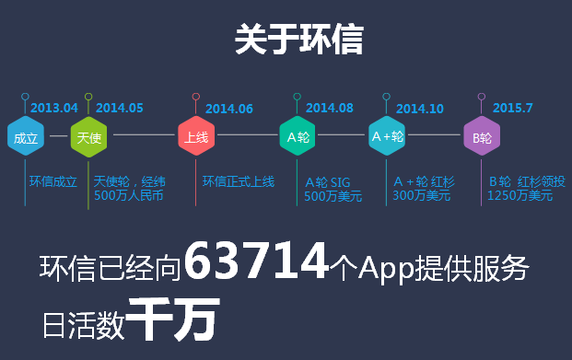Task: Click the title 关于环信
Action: (x=299, y=39)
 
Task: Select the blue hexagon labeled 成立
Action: (x=26, y=136)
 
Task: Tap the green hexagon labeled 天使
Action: (x=88, y=137)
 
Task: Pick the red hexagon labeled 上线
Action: (x=196, y=136)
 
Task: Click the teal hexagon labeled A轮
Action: (x=298, y=136)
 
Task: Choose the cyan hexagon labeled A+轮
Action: (x=387, y=136)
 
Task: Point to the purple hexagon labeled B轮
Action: (x=482, y=136)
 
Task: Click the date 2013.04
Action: (x=54, y=108)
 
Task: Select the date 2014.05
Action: (x=120, y=108)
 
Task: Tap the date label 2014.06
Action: (x=229, y=109)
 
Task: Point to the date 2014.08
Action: (x=330, y=108)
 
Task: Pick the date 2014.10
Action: (x=420, y=109)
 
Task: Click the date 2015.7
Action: (x=512, y=108)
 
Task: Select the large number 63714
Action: (x=256, y=261)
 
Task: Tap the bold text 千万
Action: (x=174, y=319)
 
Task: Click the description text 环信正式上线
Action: (x=239, y=181)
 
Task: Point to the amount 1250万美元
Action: (x=520, y=196)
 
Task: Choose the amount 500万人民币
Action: (x=128, y=195)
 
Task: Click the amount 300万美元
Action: (x=421, y=196)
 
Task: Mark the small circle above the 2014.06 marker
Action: (x=196, y=97)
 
